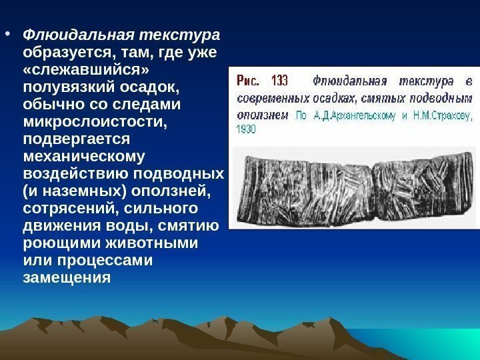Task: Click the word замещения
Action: pyautogui.click(x=66, y=277)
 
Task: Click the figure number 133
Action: pyautogui.click(x=279, y=81)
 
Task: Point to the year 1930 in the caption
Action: pyautogui.click(x=245, y=129)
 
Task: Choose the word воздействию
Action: pyautogui.click(x=76, y=175)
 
